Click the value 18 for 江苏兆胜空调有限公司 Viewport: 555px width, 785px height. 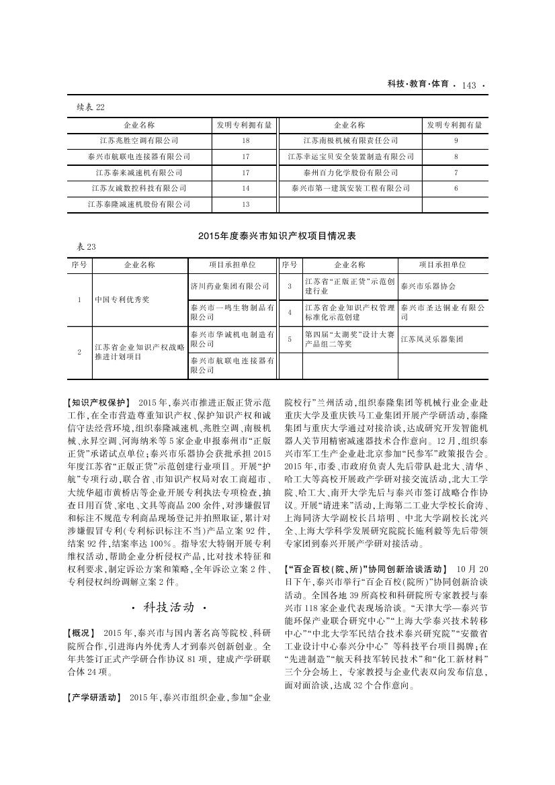[x=245, y=141]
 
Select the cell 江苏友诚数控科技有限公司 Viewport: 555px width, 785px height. [x=139, y=189]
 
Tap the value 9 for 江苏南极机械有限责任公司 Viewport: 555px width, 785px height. [x=456, y=141]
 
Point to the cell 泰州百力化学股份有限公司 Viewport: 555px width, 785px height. [x=351, y=173]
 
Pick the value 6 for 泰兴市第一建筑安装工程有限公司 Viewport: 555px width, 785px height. [x=456, y=189]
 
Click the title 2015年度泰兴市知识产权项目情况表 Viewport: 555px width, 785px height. [x=277, y=236]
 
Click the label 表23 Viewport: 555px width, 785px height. [x=87, y=247]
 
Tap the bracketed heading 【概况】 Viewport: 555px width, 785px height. [x=83, y=633]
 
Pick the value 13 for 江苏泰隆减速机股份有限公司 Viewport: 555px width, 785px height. [x=245, y=204]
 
